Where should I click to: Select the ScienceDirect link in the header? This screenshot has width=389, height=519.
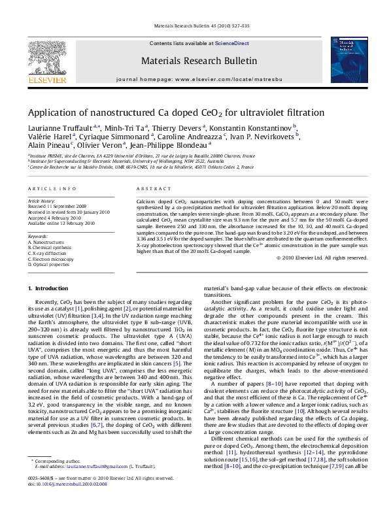(x=233, y=43)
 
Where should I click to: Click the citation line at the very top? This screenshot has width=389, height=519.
(x=201, y=28)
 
